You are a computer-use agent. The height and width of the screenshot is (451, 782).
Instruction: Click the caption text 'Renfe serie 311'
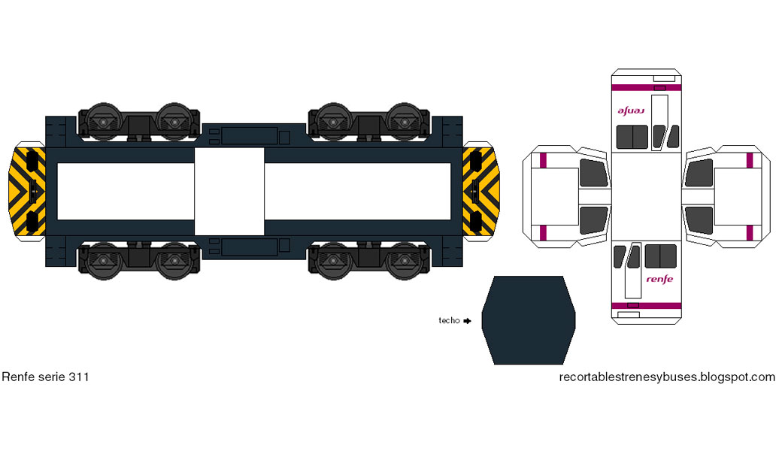pos(45,377)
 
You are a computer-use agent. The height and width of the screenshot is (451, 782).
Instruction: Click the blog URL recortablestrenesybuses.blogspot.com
pos(667,377)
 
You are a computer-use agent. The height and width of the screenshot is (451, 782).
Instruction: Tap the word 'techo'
pos(449,320)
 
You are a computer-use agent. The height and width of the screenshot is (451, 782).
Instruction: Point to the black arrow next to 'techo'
pos(467,321)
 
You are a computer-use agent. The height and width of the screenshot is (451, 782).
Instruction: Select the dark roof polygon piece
pos(528,320)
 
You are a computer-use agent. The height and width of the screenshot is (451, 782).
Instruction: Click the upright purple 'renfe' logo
pos(659,279)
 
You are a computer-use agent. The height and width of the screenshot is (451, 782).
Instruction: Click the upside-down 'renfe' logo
pos(632,110)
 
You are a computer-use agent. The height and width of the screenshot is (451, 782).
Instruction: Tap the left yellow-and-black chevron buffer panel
pos(29,192)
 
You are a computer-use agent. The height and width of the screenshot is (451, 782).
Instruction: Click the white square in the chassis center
pos(229,192)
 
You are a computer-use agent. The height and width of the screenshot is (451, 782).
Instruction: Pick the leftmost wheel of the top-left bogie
pos(100,120)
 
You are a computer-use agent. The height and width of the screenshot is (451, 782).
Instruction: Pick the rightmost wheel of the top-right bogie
pos(405,120)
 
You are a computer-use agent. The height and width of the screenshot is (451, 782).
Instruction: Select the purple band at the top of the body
pos(647,87)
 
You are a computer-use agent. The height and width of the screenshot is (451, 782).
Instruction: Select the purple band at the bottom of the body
pos(647,304)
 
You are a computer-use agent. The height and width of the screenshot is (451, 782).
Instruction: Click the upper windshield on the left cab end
pos(594,172)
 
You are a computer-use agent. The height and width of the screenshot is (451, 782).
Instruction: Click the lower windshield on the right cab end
pos(699,219)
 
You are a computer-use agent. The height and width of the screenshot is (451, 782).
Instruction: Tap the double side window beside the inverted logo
pos(632,137)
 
